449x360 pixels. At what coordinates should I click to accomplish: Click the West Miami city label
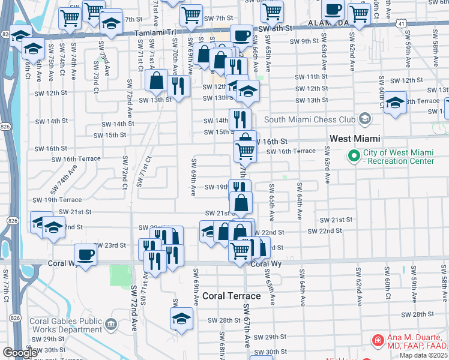(355, 139)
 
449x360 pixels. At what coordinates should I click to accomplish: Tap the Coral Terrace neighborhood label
(231, 296)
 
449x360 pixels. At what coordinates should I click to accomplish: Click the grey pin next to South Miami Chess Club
(364, 119)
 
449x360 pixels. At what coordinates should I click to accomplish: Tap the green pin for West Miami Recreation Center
(354, 157)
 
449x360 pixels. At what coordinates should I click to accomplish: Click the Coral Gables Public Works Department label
(64, 325)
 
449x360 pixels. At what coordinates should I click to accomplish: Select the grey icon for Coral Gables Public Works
(110, 325)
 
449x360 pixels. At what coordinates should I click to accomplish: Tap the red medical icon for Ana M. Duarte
(377, 340)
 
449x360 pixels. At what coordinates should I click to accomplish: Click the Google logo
(20, 353)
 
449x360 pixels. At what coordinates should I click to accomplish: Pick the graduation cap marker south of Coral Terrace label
(181, 319)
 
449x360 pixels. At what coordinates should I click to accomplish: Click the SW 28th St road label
(417, 314)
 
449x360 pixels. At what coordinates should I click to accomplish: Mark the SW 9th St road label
(304, 41)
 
